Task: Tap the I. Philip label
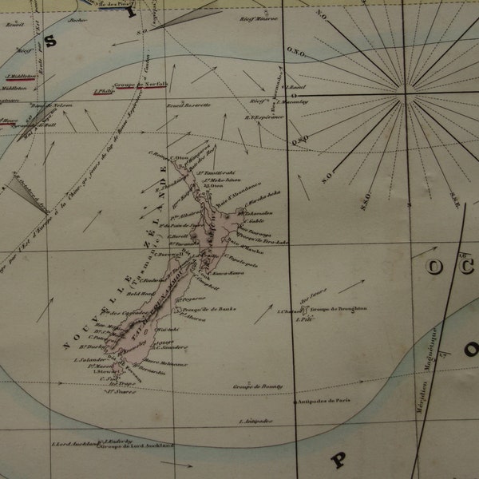[105, 91]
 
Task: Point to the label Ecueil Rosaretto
[188, 105]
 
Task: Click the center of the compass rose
[406, 94]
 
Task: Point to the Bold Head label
[130, 295]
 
